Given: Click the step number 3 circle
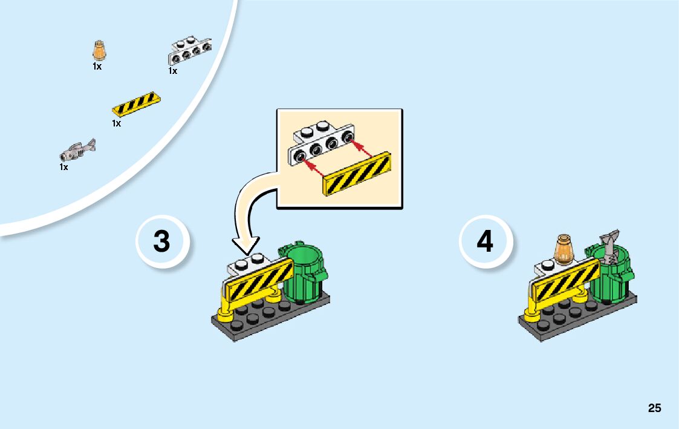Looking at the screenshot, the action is [162, 241].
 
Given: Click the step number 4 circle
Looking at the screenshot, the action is [486, 241].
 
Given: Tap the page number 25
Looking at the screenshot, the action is [654, 408].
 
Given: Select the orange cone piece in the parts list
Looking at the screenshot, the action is [99, 51].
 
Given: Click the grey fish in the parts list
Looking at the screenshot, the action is [79, 148].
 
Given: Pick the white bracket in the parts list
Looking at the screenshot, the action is [189, 51].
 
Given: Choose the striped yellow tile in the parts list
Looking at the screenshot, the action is [137, 104].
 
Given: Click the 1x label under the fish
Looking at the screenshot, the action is [63, 167].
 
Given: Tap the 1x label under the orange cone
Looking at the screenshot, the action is [97, 67].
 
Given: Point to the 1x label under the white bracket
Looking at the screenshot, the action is [173, 71].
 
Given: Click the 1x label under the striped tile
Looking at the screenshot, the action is [116, 123].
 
